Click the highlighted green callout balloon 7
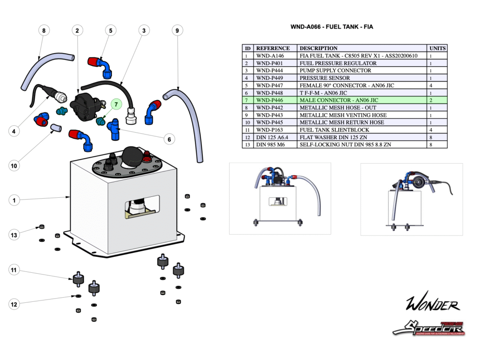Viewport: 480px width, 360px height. (116, 104)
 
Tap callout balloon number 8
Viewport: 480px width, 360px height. (44, 30)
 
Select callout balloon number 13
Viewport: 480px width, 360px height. (14, 234)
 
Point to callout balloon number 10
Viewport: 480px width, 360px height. (14, 165)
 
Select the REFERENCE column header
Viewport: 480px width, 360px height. (273, 48)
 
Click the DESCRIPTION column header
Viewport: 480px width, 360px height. (318, 48)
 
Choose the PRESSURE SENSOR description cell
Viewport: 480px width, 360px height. (324, 78)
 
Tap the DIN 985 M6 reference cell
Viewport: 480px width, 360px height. (270, 145)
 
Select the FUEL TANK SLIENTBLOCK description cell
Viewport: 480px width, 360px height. (334, 130)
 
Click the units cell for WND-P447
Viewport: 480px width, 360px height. (430, 85)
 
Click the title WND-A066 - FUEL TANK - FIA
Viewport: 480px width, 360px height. (332, 27)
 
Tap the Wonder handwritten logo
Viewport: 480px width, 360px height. (432, 305)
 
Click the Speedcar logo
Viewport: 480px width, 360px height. (428, 328)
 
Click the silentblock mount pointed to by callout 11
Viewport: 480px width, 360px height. (78, 279)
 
